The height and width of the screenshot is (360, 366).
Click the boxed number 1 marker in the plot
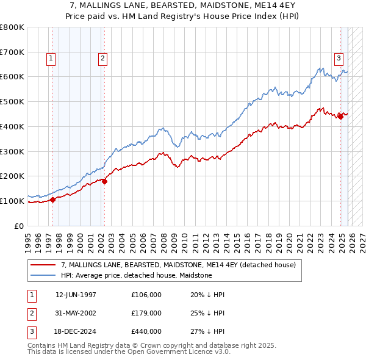point(50,59)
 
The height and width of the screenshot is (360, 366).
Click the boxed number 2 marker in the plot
point(102,59)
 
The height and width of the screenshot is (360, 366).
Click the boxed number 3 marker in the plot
point(338,59)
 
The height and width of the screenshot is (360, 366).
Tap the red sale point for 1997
point(52,199)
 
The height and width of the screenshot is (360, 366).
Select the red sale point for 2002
point(104,181)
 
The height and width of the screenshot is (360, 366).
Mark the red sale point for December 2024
point(340,117)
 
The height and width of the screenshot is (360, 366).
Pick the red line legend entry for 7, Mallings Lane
point(178,265)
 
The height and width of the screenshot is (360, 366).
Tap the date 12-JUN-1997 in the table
point(76,295)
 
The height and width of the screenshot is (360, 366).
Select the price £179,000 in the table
point(146,313)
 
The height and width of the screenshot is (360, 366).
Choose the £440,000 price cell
point(146,331)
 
